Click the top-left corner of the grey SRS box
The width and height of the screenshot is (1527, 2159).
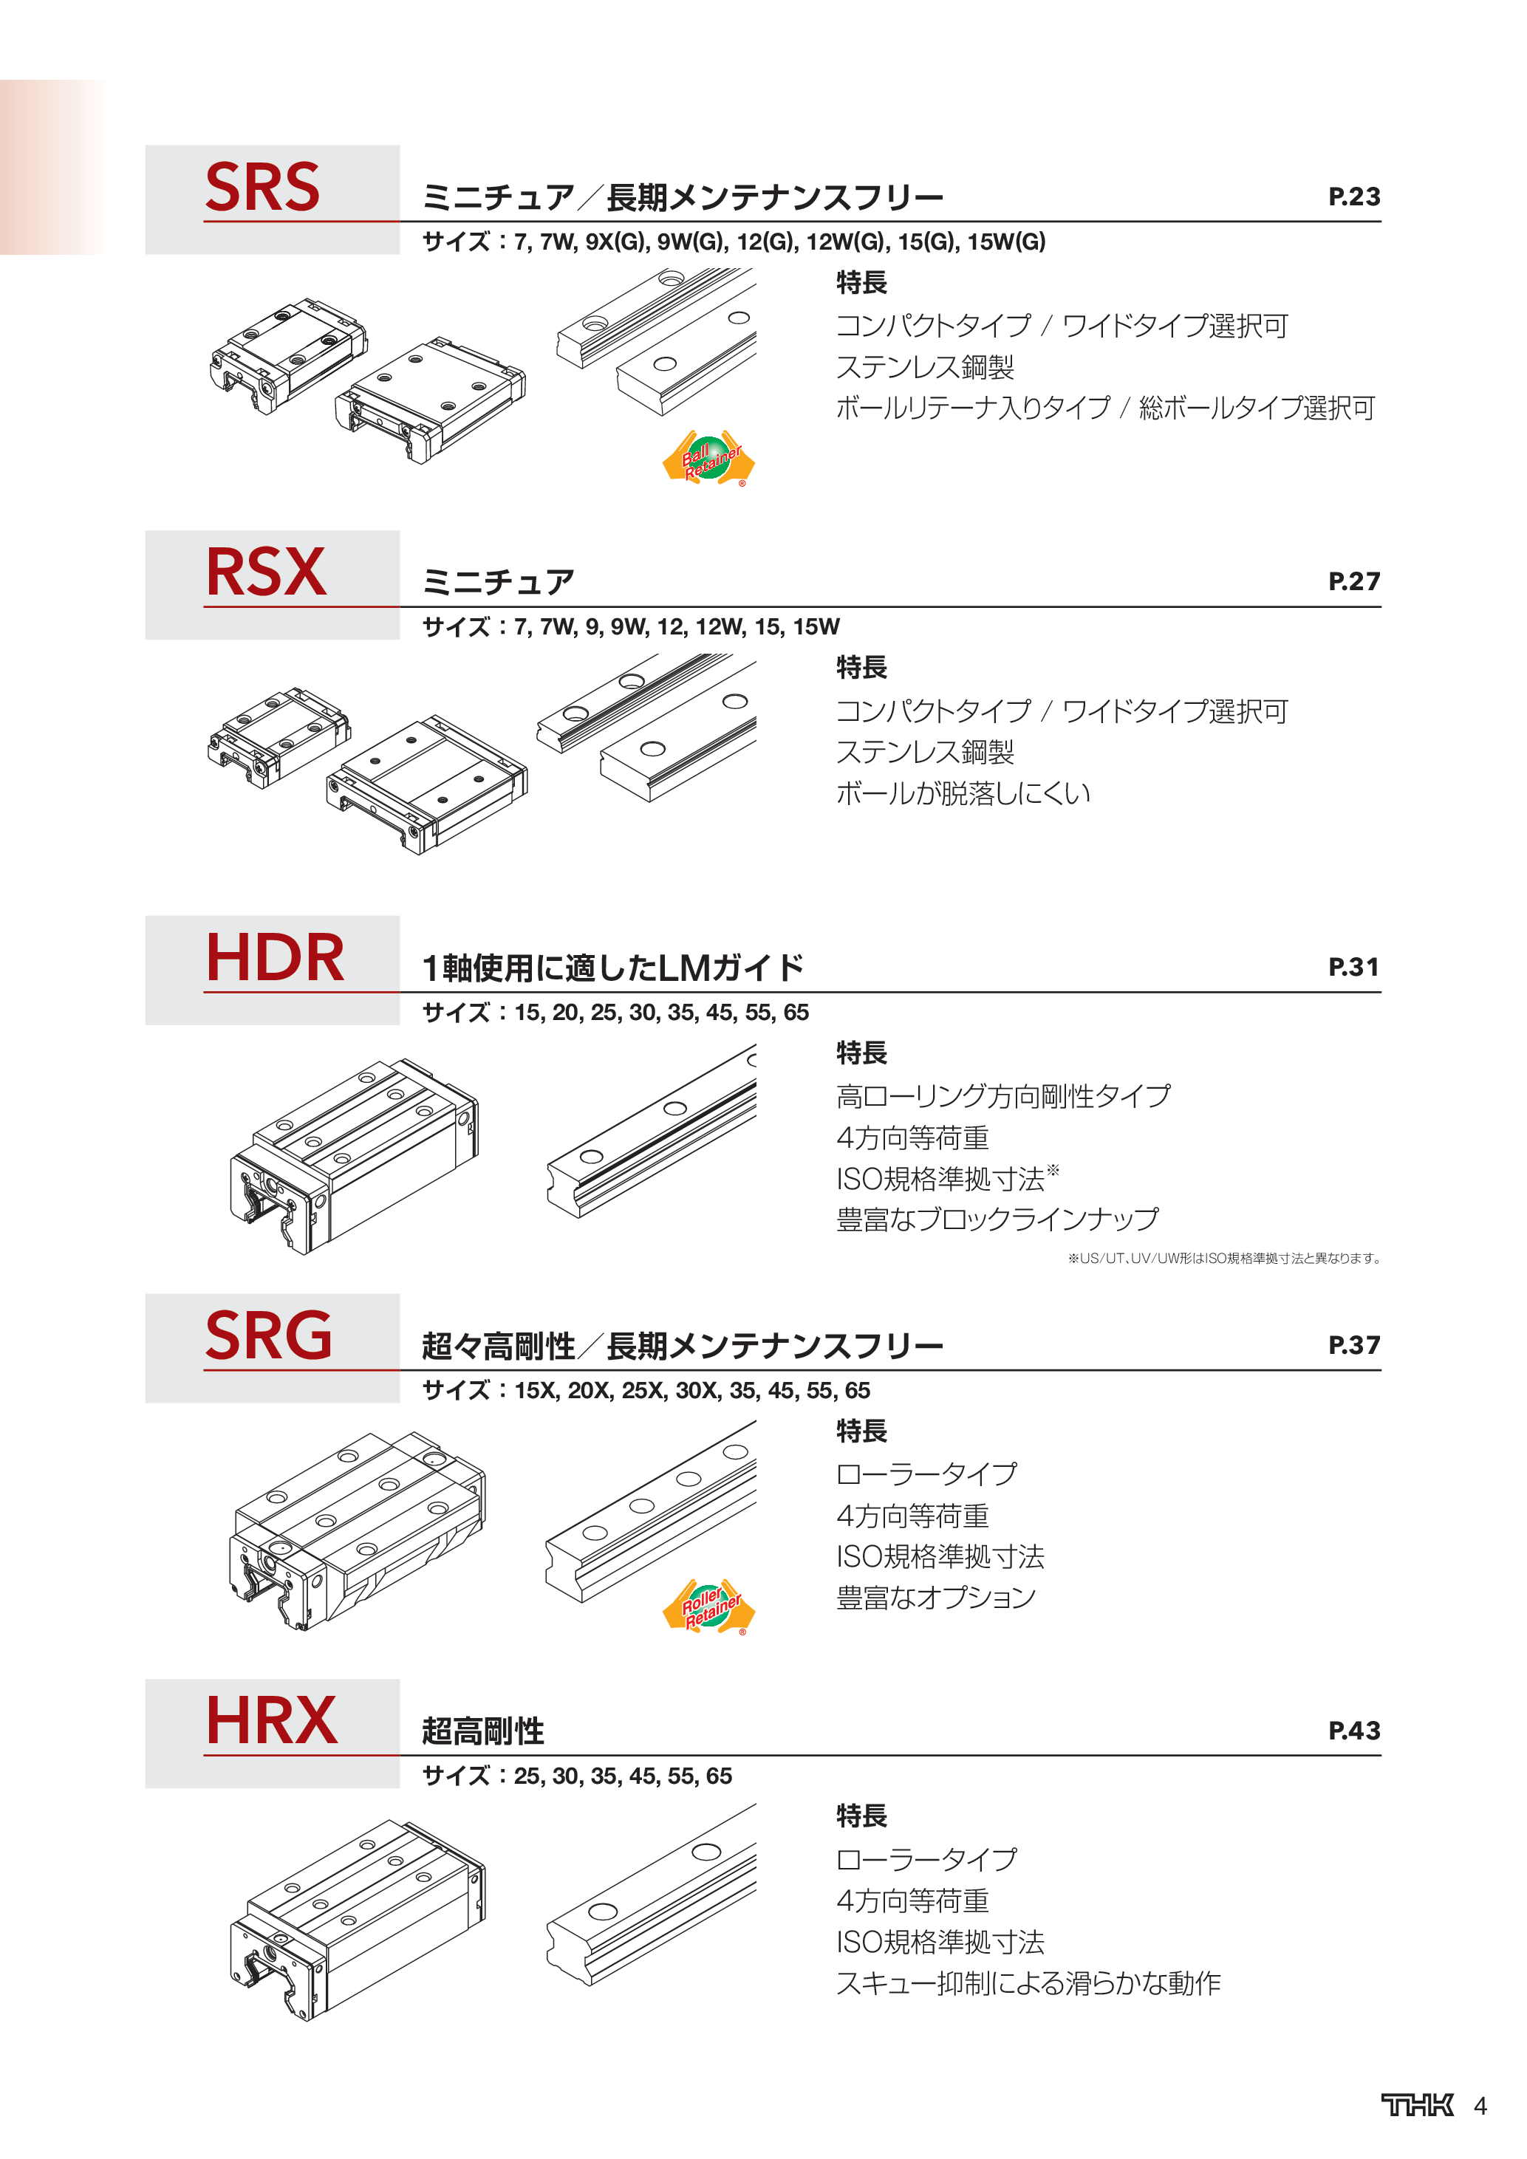[146, 146]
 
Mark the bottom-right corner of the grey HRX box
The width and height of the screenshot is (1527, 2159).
[400, 1787]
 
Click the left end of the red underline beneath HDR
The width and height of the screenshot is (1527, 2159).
[204, 992]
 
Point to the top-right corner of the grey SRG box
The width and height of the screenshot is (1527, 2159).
[400, 1294]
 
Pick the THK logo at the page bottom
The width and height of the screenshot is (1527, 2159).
[1417, 2104]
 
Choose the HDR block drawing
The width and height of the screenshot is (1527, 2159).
[355, 1156]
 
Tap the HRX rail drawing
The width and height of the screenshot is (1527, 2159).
[651, 1894]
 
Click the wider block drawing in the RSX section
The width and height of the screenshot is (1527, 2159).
[427, 784]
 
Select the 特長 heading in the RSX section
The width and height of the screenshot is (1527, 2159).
[861, 667]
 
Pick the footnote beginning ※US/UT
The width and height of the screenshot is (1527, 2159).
[1223, 1258]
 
